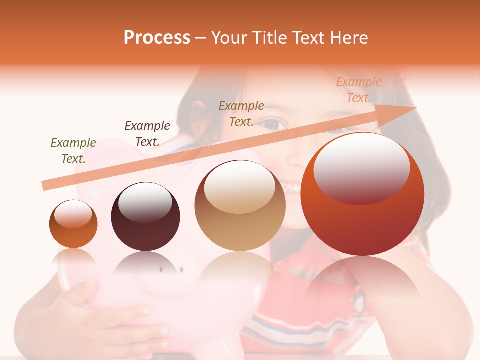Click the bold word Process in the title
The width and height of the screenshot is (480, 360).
[157, 38]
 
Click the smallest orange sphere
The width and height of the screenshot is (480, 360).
[73, 224]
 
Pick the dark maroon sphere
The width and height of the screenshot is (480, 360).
[145, 217]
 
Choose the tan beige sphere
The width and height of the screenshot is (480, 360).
[240, 206]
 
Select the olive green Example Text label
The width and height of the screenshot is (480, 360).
[73, 151]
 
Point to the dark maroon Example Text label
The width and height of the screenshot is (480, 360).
[147, 134]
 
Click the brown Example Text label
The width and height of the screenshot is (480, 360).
[241, 113]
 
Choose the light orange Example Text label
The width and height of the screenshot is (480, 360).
[359, 90]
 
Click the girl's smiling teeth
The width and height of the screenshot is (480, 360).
[292, 188]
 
